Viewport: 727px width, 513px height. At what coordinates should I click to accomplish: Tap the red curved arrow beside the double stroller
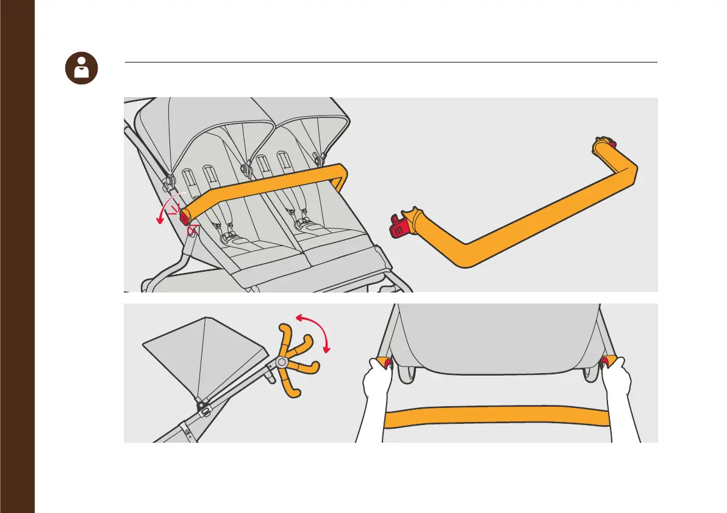[164, 208]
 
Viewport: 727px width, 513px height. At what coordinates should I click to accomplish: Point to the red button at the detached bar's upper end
[612, 145]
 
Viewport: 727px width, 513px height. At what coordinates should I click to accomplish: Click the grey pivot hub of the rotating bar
[281, 362]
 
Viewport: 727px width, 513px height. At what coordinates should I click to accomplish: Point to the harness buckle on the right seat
[301, 225]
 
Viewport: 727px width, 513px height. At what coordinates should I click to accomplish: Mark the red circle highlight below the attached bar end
[193, 230]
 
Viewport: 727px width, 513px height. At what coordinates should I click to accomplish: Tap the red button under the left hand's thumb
[386, 365]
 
